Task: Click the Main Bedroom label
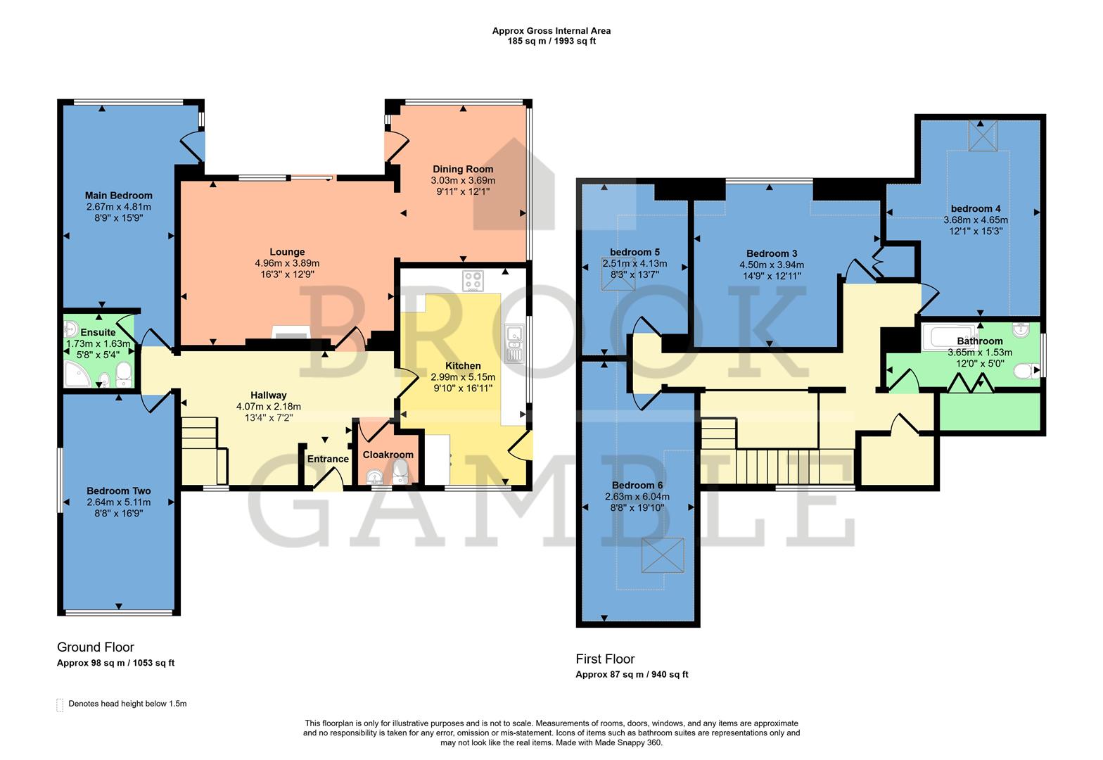pyautogui.click(x=118, y=196)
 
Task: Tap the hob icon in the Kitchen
pyautogui.click(x=473, y=281)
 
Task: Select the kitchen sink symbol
pyautogui.click(x=514, y=344)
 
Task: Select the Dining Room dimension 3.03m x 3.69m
pyautogui.click(x=463, y=180)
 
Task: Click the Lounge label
pyautogui.click(x=287, y=252)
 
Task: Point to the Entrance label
pyautogui.click(x=328, y=459)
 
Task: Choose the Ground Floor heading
pyautogui.click(x=95, y=647)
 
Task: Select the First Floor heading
pyautogui.click(x=605, y=659)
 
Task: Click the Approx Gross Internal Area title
pyautogui.click(x=551, y=31)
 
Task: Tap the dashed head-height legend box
pyautogui.click(x=60, y=705)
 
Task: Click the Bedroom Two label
pyautogui.click(x=118, y=491)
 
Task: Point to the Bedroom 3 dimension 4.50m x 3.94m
pyautogui.click(x=771, y=265)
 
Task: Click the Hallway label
pyautogui.click(x=269, y=395)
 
